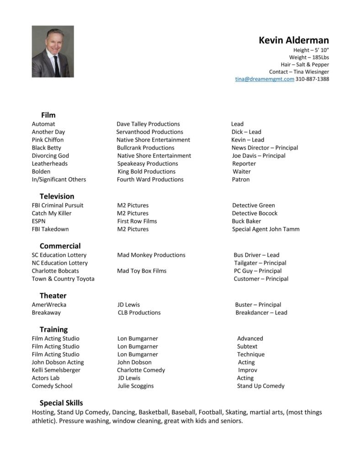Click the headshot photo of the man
[x=53, y=51]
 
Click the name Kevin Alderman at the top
[x=293, y=40]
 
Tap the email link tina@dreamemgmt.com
[x=265, y=79]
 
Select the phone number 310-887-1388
[x=312, y=79]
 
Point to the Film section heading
[x=48, y=115]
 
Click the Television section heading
[x=57, y=196]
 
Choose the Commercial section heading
[x=60, y=246]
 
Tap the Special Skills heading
[x=61, y=403]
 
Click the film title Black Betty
[x=46, y=148]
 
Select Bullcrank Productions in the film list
[x=145, y=148]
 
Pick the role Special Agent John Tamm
[x=265, y=229]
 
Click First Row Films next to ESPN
[x=137, y=221]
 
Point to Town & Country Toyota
[x=63, y=279]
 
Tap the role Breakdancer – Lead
[x=261, y=313]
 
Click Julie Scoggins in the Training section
[x=135, y=386]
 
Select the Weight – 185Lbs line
[x=308, y=57]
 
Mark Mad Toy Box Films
[x=142, y=271]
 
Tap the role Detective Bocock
[x=255, y=213]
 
